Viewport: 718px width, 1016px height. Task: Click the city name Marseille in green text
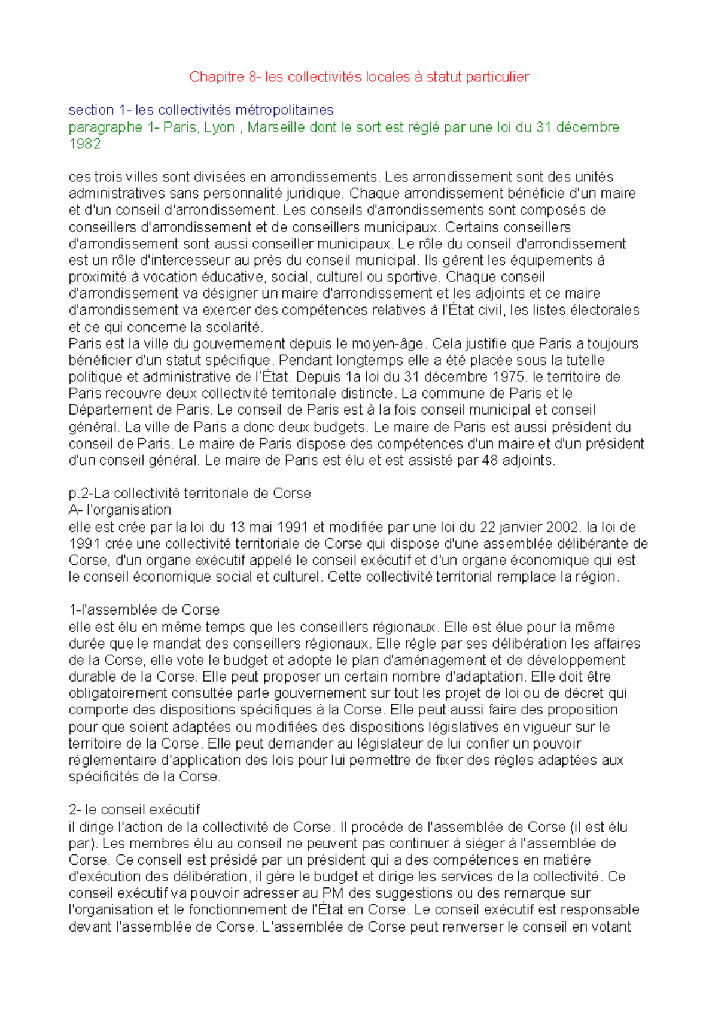(275, 127)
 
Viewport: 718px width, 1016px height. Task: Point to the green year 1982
(84, 144)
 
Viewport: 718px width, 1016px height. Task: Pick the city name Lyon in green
(219, 127)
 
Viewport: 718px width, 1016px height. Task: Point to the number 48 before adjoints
(490, 461)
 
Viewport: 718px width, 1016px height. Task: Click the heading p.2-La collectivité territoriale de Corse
(190, 494)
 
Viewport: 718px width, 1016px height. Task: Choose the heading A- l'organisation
(120, 510)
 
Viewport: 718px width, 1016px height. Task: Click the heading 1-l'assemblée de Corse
(144, 610)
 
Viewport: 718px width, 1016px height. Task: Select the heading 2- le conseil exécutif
(134, 810)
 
